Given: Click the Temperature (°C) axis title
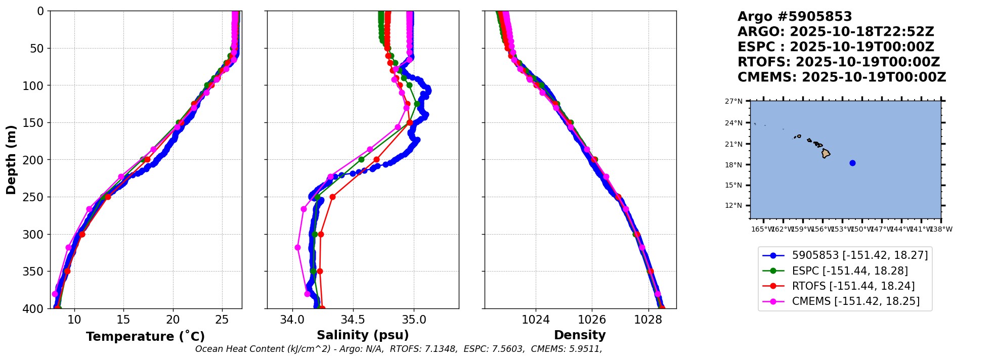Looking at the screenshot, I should click(x=145, y=336).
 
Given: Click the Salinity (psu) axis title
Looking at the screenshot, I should click(x=363, y=335).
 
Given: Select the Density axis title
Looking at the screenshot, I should click(x=580, y=335).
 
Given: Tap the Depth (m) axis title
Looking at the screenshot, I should click(x=11, y=160).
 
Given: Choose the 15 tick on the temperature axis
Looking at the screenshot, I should click(x=123, y=320).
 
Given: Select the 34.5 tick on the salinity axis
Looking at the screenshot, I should click(x=353, y=320).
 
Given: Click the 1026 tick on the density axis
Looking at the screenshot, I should click(x=592, y=320).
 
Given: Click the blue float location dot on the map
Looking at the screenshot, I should click(x=852, y=163).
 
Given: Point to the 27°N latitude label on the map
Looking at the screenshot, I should click(x=733, y=101).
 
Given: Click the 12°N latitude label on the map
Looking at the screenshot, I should click(x=733, y=205).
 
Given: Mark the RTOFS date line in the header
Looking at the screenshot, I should click(x=839, y=62).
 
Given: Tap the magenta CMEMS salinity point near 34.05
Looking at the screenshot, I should click(x=297, y=248).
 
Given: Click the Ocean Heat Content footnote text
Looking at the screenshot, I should click(x=399, y=349).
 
